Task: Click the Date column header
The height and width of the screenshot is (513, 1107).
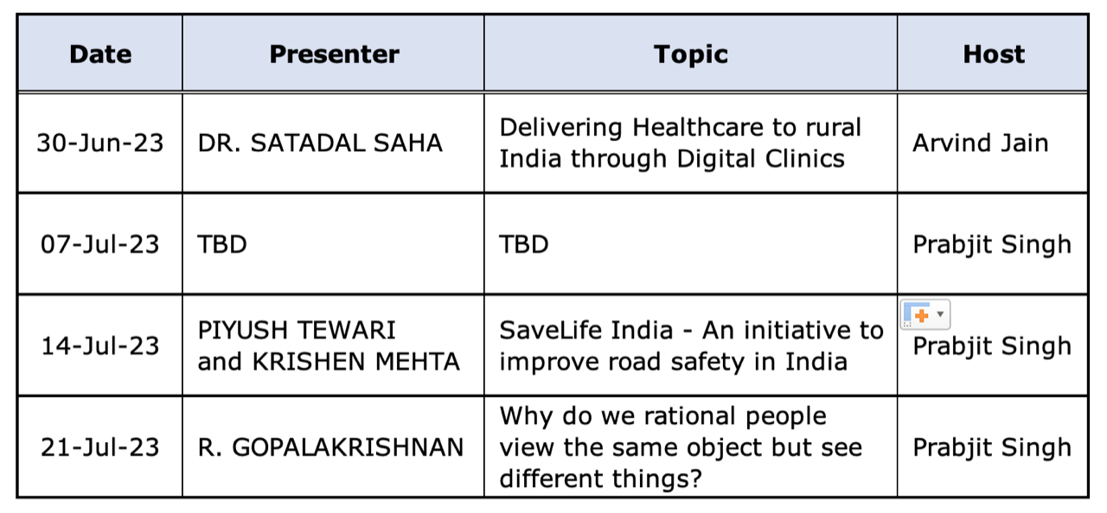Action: point(100,54)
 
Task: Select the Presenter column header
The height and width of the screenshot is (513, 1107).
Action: point(334,54)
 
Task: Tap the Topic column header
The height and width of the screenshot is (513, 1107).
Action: point(690,55)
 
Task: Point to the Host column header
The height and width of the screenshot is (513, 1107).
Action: point(994,54)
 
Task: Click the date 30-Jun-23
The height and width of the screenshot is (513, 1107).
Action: point(99,144)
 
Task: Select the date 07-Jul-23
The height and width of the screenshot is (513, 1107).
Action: point(99,245)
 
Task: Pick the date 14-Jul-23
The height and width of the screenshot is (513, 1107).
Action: point(99,346)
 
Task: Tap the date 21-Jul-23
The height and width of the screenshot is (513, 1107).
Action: point(99,447)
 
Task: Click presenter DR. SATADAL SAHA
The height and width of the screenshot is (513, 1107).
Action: point(320,144)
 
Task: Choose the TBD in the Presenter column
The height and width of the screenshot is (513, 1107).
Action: point(222,245)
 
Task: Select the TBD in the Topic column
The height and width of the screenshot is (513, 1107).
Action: point(524,245)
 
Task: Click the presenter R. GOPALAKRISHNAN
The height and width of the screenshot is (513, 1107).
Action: point(330,447)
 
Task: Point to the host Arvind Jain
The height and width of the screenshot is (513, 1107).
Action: point(981,144)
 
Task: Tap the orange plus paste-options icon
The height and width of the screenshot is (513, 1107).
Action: point(922,315)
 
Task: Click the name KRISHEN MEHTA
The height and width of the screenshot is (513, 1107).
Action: point(355,362)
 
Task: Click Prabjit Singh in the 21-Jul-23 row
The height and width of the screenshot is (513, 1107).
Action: point(992,448)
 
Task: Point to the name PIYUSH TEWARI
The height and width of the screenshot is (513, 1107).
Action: point(297,330)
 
